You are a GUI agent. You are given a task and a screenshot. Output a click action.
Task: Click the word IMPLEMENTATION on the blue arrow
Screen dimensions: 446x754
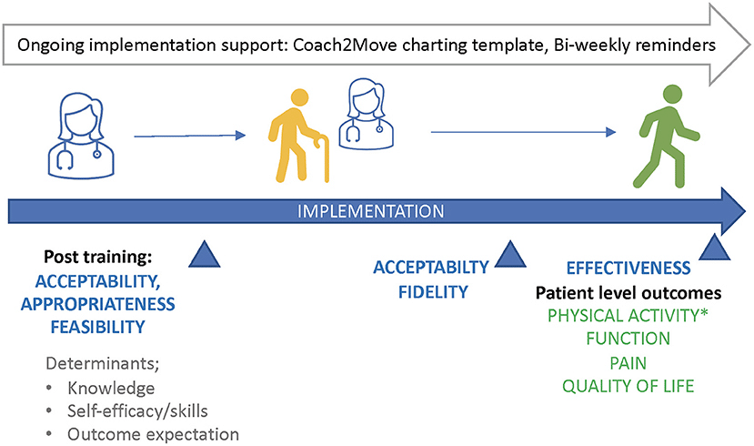click(374, 212)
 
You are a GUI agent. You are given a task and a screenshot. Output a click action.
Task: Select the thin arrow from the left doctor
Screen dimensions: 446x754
click(189, 136)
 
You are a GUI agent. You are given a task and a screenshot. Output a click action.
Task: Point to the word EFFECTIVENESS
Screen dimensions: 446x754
click(628, 269)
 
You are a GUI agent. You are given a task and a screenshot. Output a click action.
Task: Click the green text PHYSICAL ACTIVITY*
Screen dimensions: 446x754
click(628, 316)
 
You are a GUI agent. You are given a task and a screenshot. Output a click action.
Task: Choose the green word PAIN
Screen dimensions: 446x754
click(628, 361)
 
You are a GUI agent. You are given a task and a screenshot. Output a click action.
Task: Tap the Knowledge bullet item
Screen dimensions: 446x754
click(110, 389)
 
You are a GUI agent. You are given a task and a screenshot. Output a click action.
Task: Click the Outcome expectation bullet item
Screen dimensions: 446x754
click(152, 433)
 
